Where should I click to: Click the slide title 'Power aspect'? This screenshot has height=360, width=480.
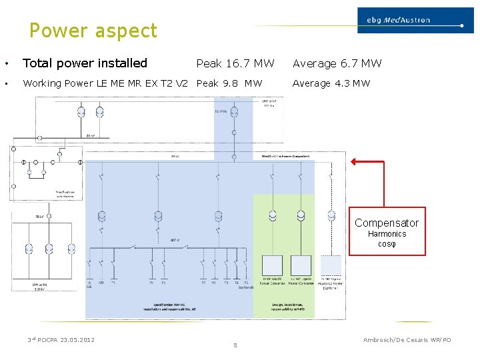pos(93,31)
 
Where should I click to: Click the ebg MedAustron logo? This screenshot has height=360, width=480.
pos(409,20)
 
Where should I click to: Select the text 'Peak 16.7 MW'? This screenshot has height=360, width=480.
pos(235,63)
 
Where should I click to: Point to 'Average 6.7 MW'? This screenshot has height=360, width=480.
pos(337,63)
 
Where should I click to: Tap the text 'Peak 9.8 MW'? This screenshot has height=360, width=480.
pos(229,83)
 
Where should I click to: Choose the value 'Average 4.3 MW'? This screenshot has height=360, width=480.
pos(331,83)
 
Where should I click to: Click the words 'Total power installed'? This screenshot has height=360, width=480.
pos(85,63)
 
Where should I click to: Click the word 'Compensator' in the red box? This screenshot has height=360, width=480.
pos(387,223)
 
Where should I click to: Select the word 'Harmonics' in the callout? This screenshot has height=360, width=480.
pos(387,234)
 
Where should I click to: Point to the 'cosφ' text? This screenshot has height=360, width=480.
pos(387,244)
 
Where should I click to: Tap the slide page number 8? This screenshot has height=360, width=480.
pos(235,345)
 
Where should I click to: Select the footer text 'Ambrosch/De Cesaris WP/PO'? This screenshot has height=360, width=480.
pos(407,340)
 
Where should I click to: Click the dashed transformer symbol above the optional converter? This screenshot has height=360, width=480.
pos(331,216)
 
